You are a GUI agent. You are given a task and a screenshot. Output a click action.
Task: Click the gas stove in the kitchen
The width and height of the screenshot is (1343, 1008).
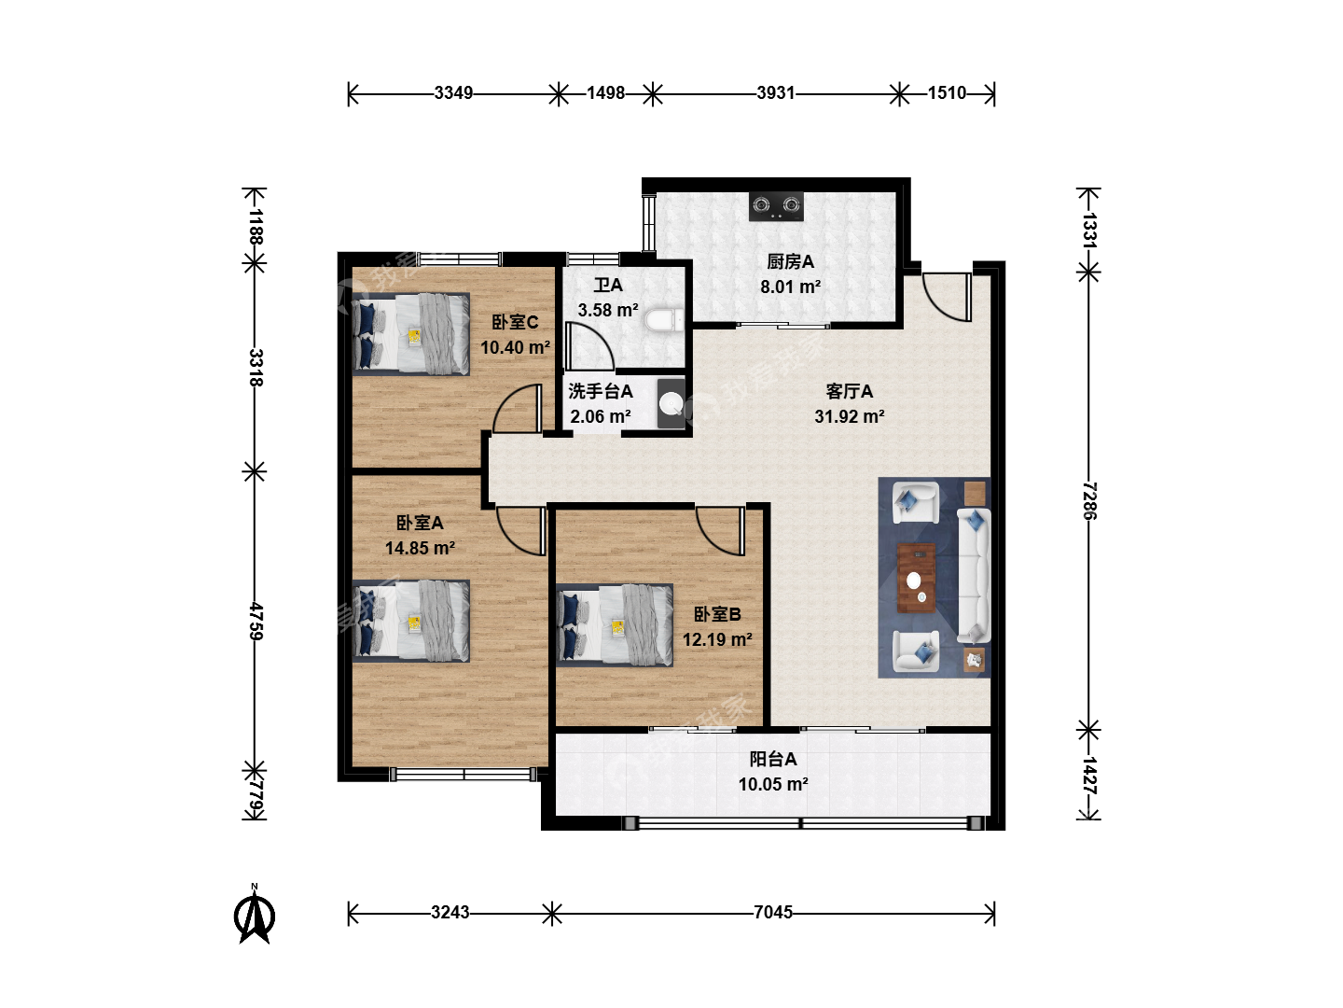[x=776, y=206]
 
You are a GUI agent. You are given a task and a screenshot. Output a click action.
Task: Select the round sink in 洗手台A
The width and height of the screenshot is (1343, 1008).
[x=671, y=404]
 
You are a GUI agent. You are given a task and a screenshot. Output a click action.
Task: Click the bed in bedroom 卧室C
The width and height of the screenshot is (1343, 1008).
[x=411, y=333]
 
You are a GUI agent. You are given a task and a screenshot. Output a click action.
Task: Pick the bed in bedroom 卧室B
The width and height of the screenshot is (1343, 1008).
[x=615, y=625]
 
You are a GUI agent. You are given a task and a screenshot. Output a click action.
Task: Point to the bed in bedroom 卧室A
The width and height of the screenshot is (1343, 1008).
[x=411, y=621]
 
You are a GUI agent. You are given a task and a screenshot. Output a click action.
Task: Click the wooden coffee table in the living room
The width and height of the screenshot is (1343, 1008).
[x=916, y=577]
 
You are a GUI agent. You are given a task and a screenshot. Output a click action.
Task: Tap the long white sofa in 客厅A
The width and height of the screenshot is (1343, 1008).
[x=973, y=575]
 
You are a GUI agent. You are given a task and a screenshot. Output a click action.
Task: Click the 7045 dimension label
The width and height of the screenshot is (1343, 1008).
[x=773, y=913]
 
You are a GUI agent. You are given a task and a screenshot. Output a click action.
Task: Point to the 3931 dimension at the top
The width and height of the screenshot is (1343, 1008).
[x=775, y=93]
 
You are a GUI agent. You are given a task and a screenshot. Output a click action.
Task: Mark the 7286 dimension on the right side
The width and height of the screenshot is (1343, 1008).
[x=1089, y=500]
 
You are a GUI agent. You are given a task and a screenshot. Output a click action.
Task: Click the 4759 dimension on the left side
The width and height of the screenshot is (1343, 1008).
[x=256, y=622]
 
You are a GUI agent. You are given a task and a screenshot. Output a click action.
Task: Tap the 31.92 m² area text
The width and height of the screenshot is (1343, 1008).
[x=849, y=417]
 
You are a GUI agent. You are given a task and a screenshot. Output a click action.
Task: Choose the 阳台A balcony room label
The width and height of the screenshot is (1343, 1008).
[x=773, y=759]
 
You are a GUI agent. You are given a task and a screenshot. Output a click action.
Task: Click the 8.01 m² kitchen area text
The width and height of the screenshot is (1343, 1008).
[x=790, y=287]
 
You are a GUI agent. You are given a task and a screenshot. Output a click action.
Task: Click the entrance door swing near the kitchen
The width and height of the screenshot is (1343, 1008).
[x=948, y=297]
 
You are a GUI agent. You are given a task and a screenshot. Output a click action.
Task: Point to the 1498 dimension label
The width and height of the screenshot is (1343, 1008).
[x=605, y=93]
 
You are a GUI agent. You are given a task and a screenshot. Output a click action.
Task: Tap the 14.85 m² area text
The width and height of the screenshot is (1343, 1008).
[x=420, y=548]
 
